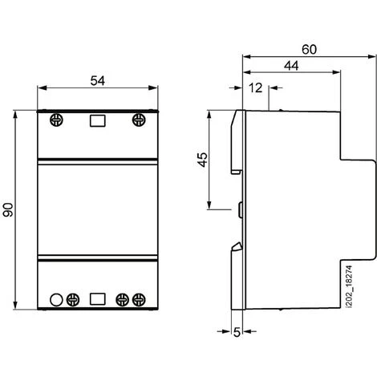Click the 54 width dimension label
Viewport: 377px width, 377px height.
96,79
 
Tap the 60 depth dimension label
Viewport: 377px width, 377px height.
309,48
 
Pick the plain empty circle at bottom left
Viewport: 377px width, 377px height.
56,300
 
